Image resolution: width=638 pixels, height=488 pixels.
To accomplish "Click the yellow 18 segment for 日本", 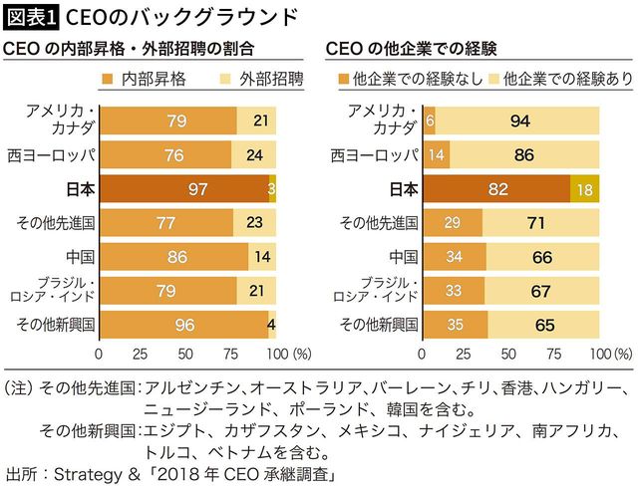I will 585,188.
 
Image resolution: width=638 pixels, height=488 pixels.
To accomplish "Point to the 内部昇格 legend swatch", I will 109,77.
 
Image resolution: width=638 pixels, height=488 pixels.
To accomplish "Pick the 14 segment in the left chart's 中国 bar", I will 262,256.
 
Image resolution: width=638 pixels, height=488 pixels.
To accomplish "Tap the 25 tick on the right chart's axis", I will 468,354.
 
